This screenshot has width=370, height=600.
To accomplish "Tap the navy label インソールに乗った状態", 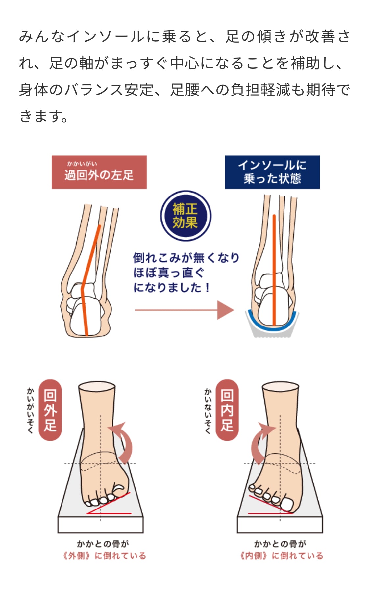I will coord(272,172).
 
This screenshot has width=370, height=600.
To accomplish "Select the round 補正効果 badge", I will coord(185,216).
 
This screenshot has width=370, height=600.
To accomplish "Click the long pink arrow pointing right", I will coord(184,310).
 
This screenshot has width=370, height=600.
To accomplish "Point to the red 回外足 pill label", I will coord(50,410).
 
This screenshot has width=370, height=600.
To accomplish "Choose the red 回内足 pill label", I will coord(227,410).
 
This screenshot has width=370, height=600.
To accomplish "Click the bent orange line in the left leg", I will coord(89,263).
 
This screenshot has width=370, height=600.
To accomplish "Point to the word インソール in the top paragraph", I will coord(106,37).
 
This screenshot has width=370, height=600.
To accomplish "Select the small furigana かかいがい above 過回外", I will coord(82,164).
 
